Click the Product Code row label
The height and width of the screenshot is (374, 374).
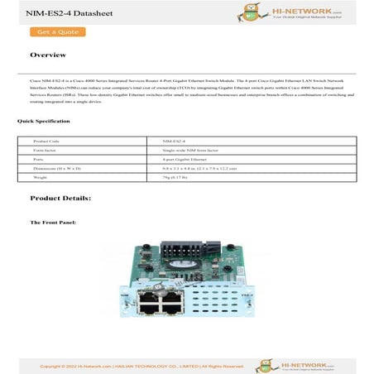point(46,141)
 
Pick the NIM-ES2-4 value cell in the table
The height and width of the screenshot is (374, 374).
point(175,141)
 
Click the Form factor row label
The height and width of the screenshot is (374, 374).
point(45,150)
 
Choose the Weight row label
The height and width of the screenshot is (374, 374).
point(41,177)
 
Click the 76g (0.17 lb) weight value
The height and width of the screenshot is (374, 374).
point(177,177)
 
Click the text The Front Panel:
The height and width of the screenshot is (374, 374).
point(53,223)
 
